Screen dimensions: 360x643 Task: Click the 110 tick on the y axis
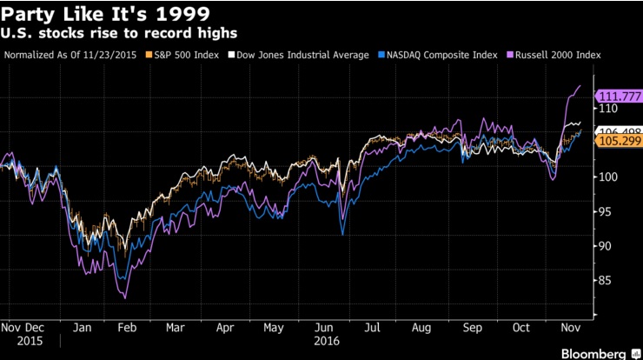tap(606, 109)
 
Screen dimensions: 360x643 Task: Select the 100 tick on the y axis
tap(606, 177)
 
